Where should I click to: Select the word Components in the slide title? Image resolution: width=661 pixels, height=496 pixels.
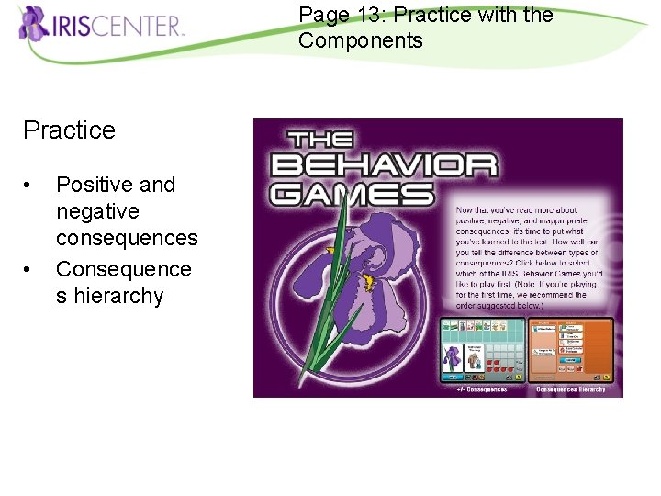click(x=361, y=40)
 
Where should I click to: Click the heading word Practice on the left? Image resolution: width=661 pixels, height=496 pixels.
click(x=69, y=130)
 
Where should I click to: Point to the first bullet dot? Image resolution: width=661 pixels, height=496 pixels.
click(x=30, y=186)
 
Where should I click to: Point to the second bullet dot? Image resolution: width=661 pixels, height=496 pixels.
click(x=30, y=270)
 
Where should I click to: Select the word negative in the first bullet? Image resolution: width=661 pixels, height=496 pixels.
click(x=97, y=211)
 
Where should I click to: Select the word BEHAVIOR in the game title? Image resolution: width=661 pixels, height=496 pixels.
click(x=383, y=166)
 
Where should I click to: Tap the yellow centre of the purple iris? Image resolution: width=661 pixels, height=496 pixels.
click(x=369, y=281)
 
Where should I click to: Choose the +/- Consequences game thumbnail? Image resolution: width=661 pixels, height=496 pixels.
click(x=483, y=349)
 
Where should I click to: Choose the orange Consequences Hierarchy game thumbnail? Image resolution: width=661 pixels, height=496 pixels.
click(x=570, y=349)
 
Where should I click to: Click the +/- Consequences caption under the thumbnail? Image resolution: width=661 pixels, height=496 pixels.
click(x=482, y=389)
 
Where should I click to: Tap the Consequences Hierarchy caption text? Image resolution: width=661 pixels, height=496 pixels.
click(x=570, y=389)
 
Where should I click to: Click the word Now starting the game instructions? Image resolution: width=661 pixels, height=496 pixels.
click(x=466, y=211)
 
